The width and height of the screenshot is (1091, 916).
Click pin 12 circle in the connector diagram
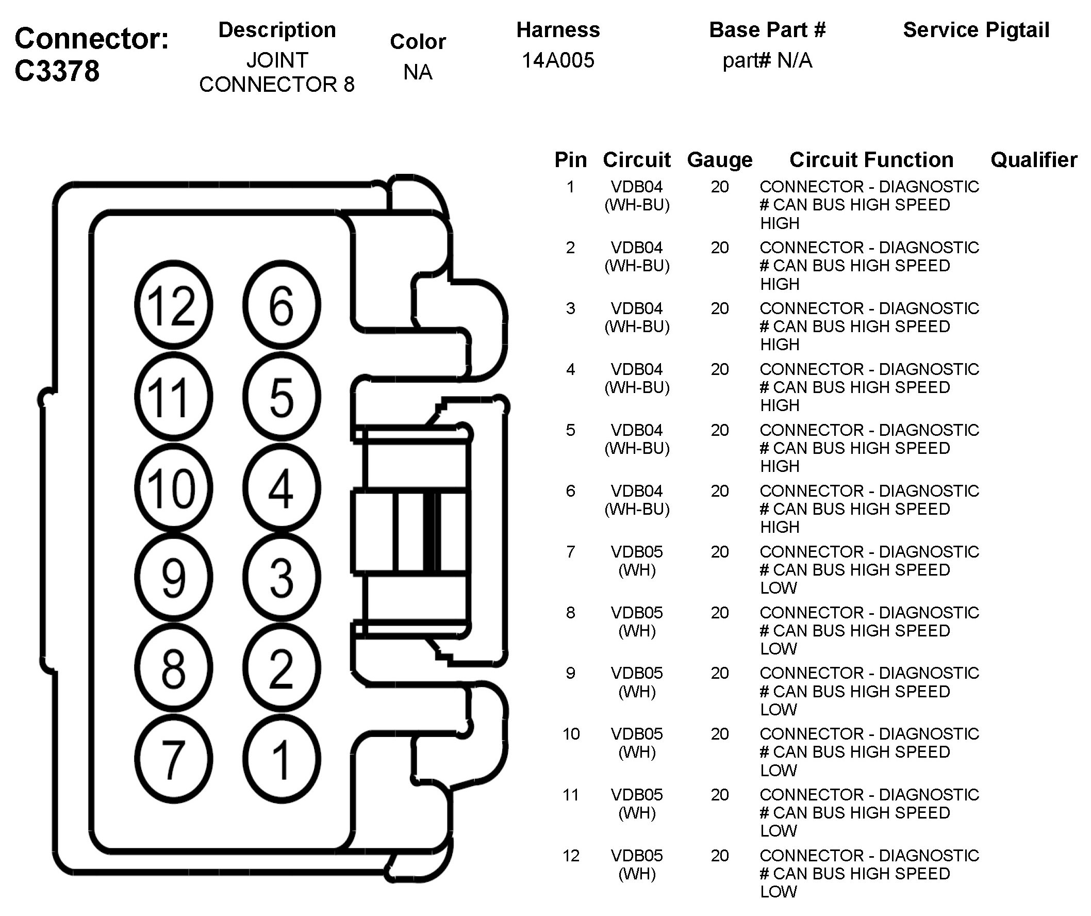point(173,305)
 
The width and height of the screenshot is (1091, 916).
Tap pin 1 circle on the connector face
point(281,759)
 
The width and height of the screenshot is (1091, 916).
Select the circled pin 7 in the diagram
point(173,759)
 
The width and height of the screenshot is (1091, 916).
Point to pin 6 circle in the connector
point(281,305)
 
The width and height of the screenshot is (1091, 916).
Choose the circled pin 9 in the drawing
point(173,577)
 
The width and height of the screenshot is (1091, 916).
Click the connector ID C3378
point(57,71)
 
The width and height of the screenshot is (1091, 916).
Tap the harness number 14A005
point(557,60)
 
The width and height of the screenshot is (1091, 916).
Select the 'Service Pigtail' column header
point(976,30)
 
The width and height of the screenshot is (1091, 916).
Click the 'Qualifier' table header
point(1033,160)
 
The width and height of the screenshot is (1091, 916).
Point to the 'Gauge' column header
point(720,160)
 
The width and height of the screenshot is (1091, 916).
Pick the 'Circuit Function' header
point(871,160)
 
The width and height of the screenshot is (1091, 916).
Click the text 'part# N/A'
point(767,61)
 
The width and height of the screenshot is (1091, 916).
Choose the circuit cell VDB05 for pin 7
point(636,552)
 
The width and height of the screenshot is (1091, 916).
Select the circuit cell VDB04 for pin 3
point(636,308)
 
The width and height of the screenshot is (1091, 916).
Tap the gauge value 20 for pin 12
point(720,856)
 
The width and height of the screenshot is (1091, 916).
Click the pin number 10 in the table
point(570,734)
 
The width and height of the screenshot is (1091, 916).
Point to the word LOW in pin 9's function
point(778,710)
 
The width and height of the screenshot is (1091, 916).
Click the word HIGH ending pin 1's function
point(779,223)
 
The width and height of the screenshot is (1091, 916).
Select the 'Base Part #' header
point(767,30)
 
